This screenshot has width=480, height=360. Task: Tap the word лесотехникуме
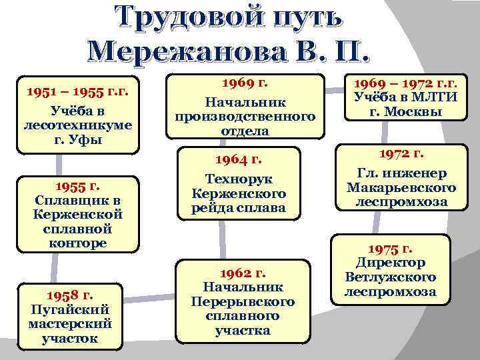pyautogui.click(x=77, y=125)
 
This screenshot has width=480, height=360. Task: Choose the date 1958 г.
pyautogui.click(x=70, y=295)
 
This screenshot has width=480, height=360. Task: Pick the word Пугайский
pyautogui.click(x=70, y=309)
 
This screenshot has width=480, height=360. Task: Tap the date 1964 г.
pyautogui.click(x=239, y=159)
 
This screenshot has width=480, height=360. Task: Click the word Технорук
pyautogui.click(x=239, y=180)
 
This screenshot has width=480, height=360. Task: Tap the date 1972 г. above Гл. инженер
pyautogui.click(x=402, y=155)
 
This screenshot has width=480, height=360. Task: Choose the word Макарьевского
pyautogui.click(x=402, y=188)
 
